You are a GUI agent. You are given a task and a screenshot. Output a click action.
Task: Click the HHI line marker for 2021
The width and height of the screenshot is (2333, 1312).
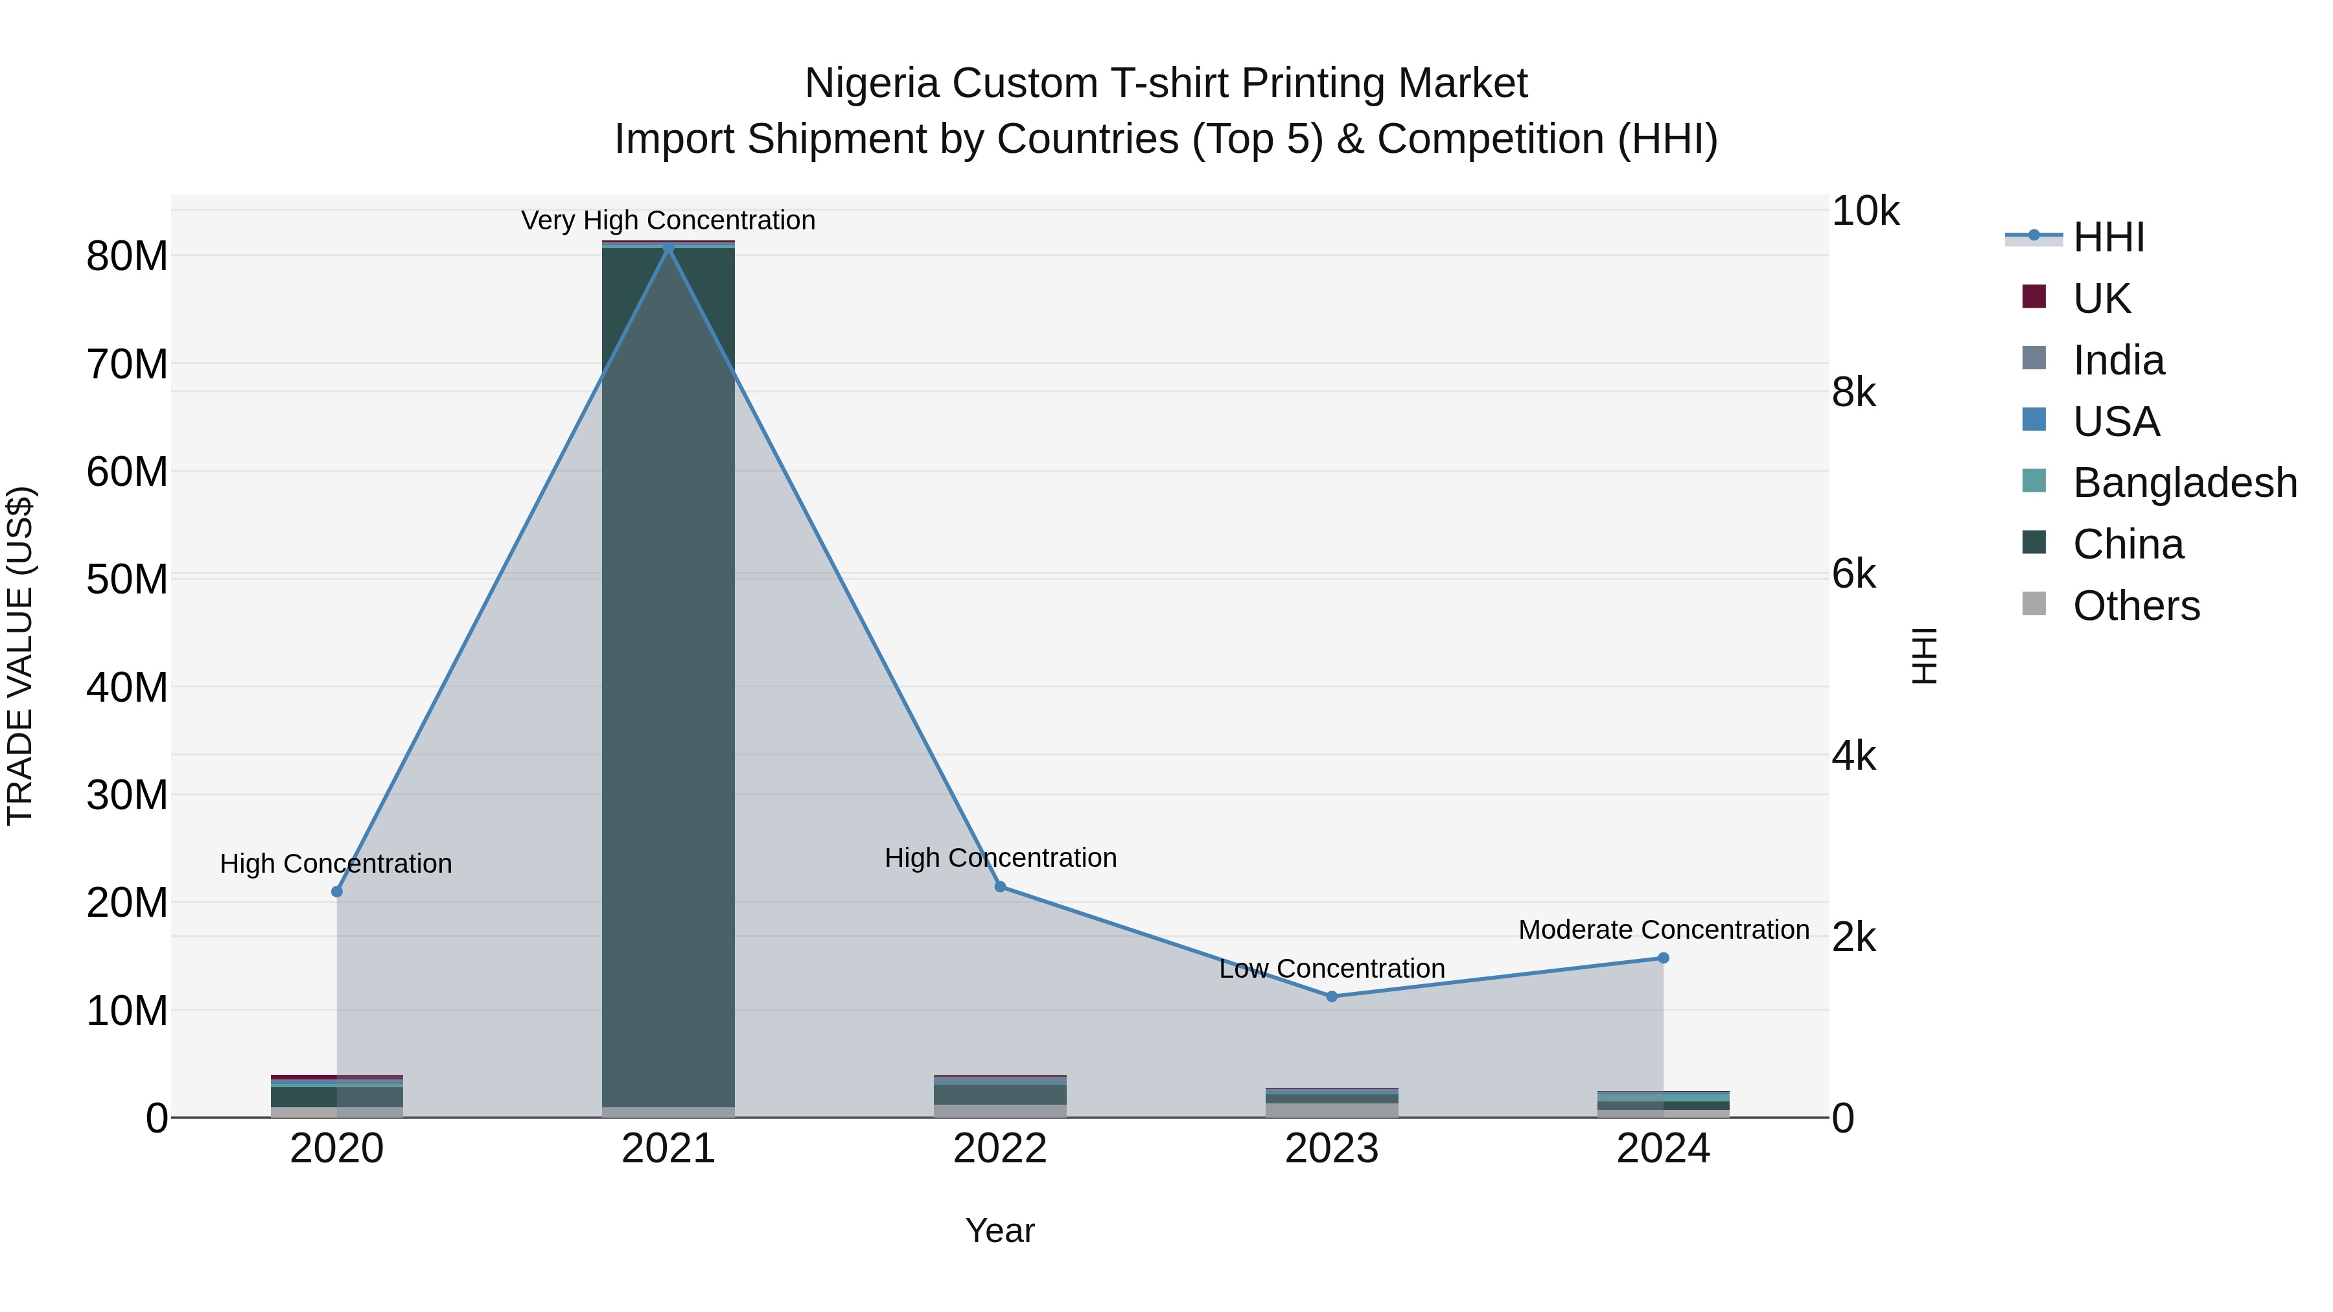click(x=668, y=248)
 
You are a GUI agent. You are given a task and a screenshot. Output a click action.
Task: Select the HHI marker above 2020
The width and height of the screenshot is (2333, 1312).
click(x=337, y=892)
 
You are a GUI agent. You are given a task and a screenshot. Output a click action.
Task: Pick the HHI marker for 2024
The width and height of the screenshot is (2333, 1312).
click(x=1663, y=958)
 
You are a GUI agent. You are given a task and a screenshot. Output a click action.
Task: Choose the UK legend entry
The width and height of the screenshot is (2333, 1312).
click(x=2100, y=299)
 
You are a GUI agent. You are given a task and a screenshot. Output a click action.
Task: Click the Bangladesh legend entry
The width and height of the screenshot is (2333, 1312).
click(x=2183, y=483)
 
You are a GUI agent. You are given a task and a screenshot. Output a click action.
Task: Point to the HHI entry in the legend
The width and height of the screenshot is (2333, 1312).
click(x=2107, y=237)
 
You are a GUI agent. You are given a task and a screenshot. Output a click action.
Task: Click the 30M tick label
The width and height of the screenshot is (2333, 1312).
click(x=127, y=796)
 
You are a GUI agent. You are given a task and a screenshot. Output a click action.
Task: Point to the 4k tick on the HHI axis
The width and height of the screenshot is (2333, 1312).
click(x=1853, y=756)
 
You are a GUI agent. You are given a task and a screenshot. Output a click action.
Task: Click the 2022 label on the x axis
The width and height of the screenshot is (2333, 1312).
click(x=1000, y=1149)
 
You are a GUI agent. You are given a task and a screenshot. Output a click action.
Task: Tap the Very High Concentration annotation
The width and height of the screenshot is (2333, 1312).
click(x=668, y=220)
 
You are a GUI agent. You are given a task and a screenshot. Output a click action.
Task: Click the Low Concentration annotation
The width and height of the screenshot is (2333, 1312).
click(x=1331, y=969)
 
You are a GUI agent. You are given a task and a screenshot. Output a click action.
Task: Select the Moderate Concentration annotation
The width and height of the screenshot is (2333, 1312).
click(x=1664, y=930)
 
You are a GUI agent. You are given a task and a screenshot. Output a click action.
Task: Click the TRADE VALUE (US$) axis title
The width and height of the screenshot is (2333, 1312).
click(x=20, y=656)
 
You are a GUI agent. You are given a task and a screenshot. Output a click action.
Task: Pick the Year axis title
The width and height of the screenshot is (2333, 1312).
click(x=1000, y=1230)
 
